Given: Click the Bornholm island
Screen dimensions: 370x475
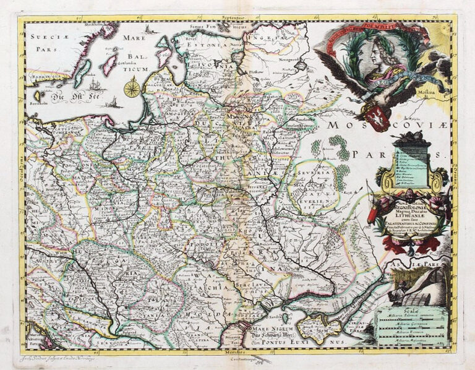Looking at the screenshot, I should (35, 97).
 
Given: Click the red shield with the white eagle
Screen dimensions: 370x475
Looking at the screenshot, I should (379, 117).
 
